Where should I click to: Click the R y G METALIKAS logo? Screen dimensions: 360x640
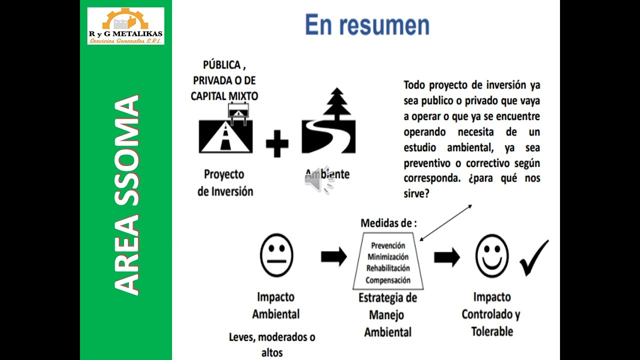pos(125,26)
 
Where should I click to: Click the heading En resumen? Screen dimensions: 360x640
pos(367,25)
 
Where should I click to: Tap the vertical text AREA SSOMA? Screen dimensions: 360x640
pos(126,195)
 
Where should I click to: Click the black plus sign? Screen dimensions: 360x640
pos(277,143)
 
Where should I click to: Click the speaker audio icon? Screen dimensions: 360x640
pos(318,180)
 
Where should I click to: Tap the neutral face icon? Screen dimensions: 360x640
pos(276,255)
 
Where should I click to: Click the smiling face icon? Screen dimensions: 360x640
pos(492,256)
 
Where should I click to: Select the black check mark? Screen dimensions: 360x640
pos(534,257)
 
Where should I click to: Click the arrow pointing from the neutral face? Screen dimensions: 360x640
pos(333,256)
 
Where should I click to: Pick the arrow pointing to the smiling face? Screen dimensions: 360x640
pos(446,257)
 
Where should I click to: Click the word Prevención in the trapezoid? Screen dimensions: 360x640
pos(388,245)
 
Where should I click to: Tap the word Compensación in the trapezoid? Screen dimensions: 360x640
pos(388,280)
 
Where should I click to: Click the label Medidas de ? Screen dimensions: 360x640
pos(388,223)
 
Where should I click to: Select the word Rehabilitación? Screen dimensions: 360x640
pos(388,268)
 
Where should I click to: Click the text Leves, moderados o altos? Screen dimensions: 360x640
pos(272,344)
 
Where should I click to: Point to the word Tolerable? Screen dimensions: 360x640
pos(492,331)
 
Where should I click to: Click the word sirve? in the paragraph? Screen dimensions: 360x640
pos(416,193)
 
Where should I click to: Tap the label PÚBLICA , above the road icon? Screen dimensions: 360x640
pos(224,65)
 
